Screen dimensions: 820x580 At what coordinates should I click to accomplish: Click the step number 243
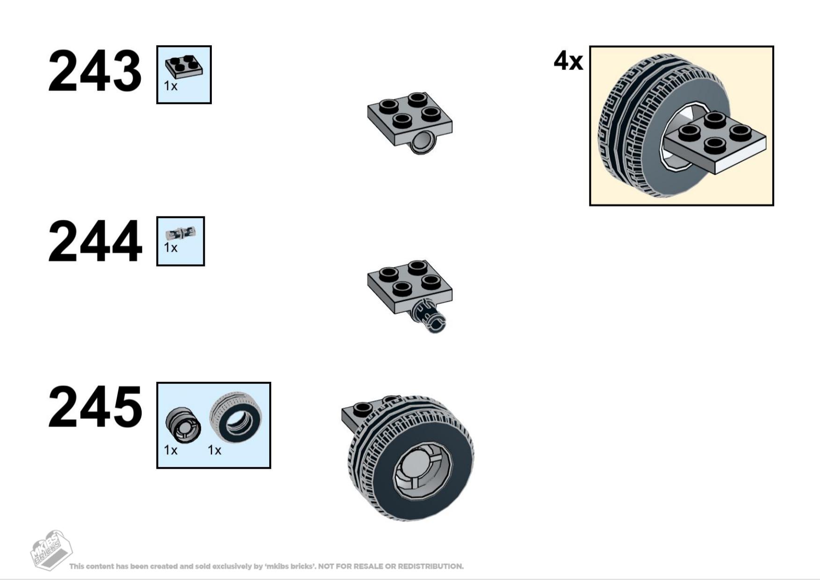pyautogui.click(x=95, y=71)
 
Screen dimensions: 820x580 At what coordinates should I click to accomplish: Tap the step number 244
pyautogui.click(x=95, y=242)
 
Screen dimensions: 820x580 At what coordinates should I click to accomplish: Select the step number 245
pyautogui.click(x=95, y=407)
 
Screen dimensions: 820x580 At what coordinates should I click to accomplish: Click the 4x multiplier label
pyautogui.click(x=568, y=61)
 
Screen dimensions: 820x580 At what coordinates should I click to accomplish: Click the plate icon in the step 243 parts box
pyautogui.click(x=184, y=67)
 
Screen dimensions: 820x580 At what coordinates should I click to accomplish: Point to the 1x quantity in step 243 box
pyautogui.click(x=171, y=86)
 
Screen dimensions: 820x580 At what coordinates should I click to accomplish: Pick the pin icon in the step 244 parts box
pyautogui.click(x=180, y=232)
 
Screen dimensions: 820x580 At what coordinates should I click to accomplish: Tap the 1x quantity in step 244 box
pyautogui.click(x=171, y=247)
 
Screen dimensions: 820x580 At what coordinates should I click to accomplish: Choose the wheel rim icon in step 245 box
pyautogui.click(x=183, y=425)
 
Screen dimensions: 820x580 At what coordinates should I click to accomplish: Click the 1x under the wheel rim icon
pyautogui.click(x=171, y=450)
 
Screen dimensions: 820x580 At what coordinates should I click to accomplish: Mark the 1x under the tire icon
pyautogui.click(x=215, y=450)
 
